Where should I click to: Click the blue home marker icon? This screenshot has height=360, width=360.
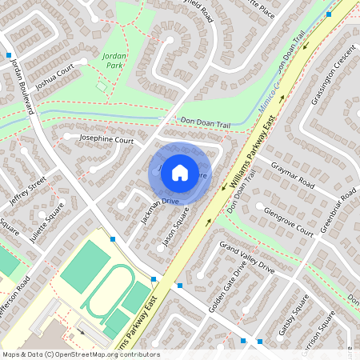(180, 171)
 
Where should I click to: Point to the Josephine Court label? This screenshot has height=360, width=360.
(106, 139)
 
